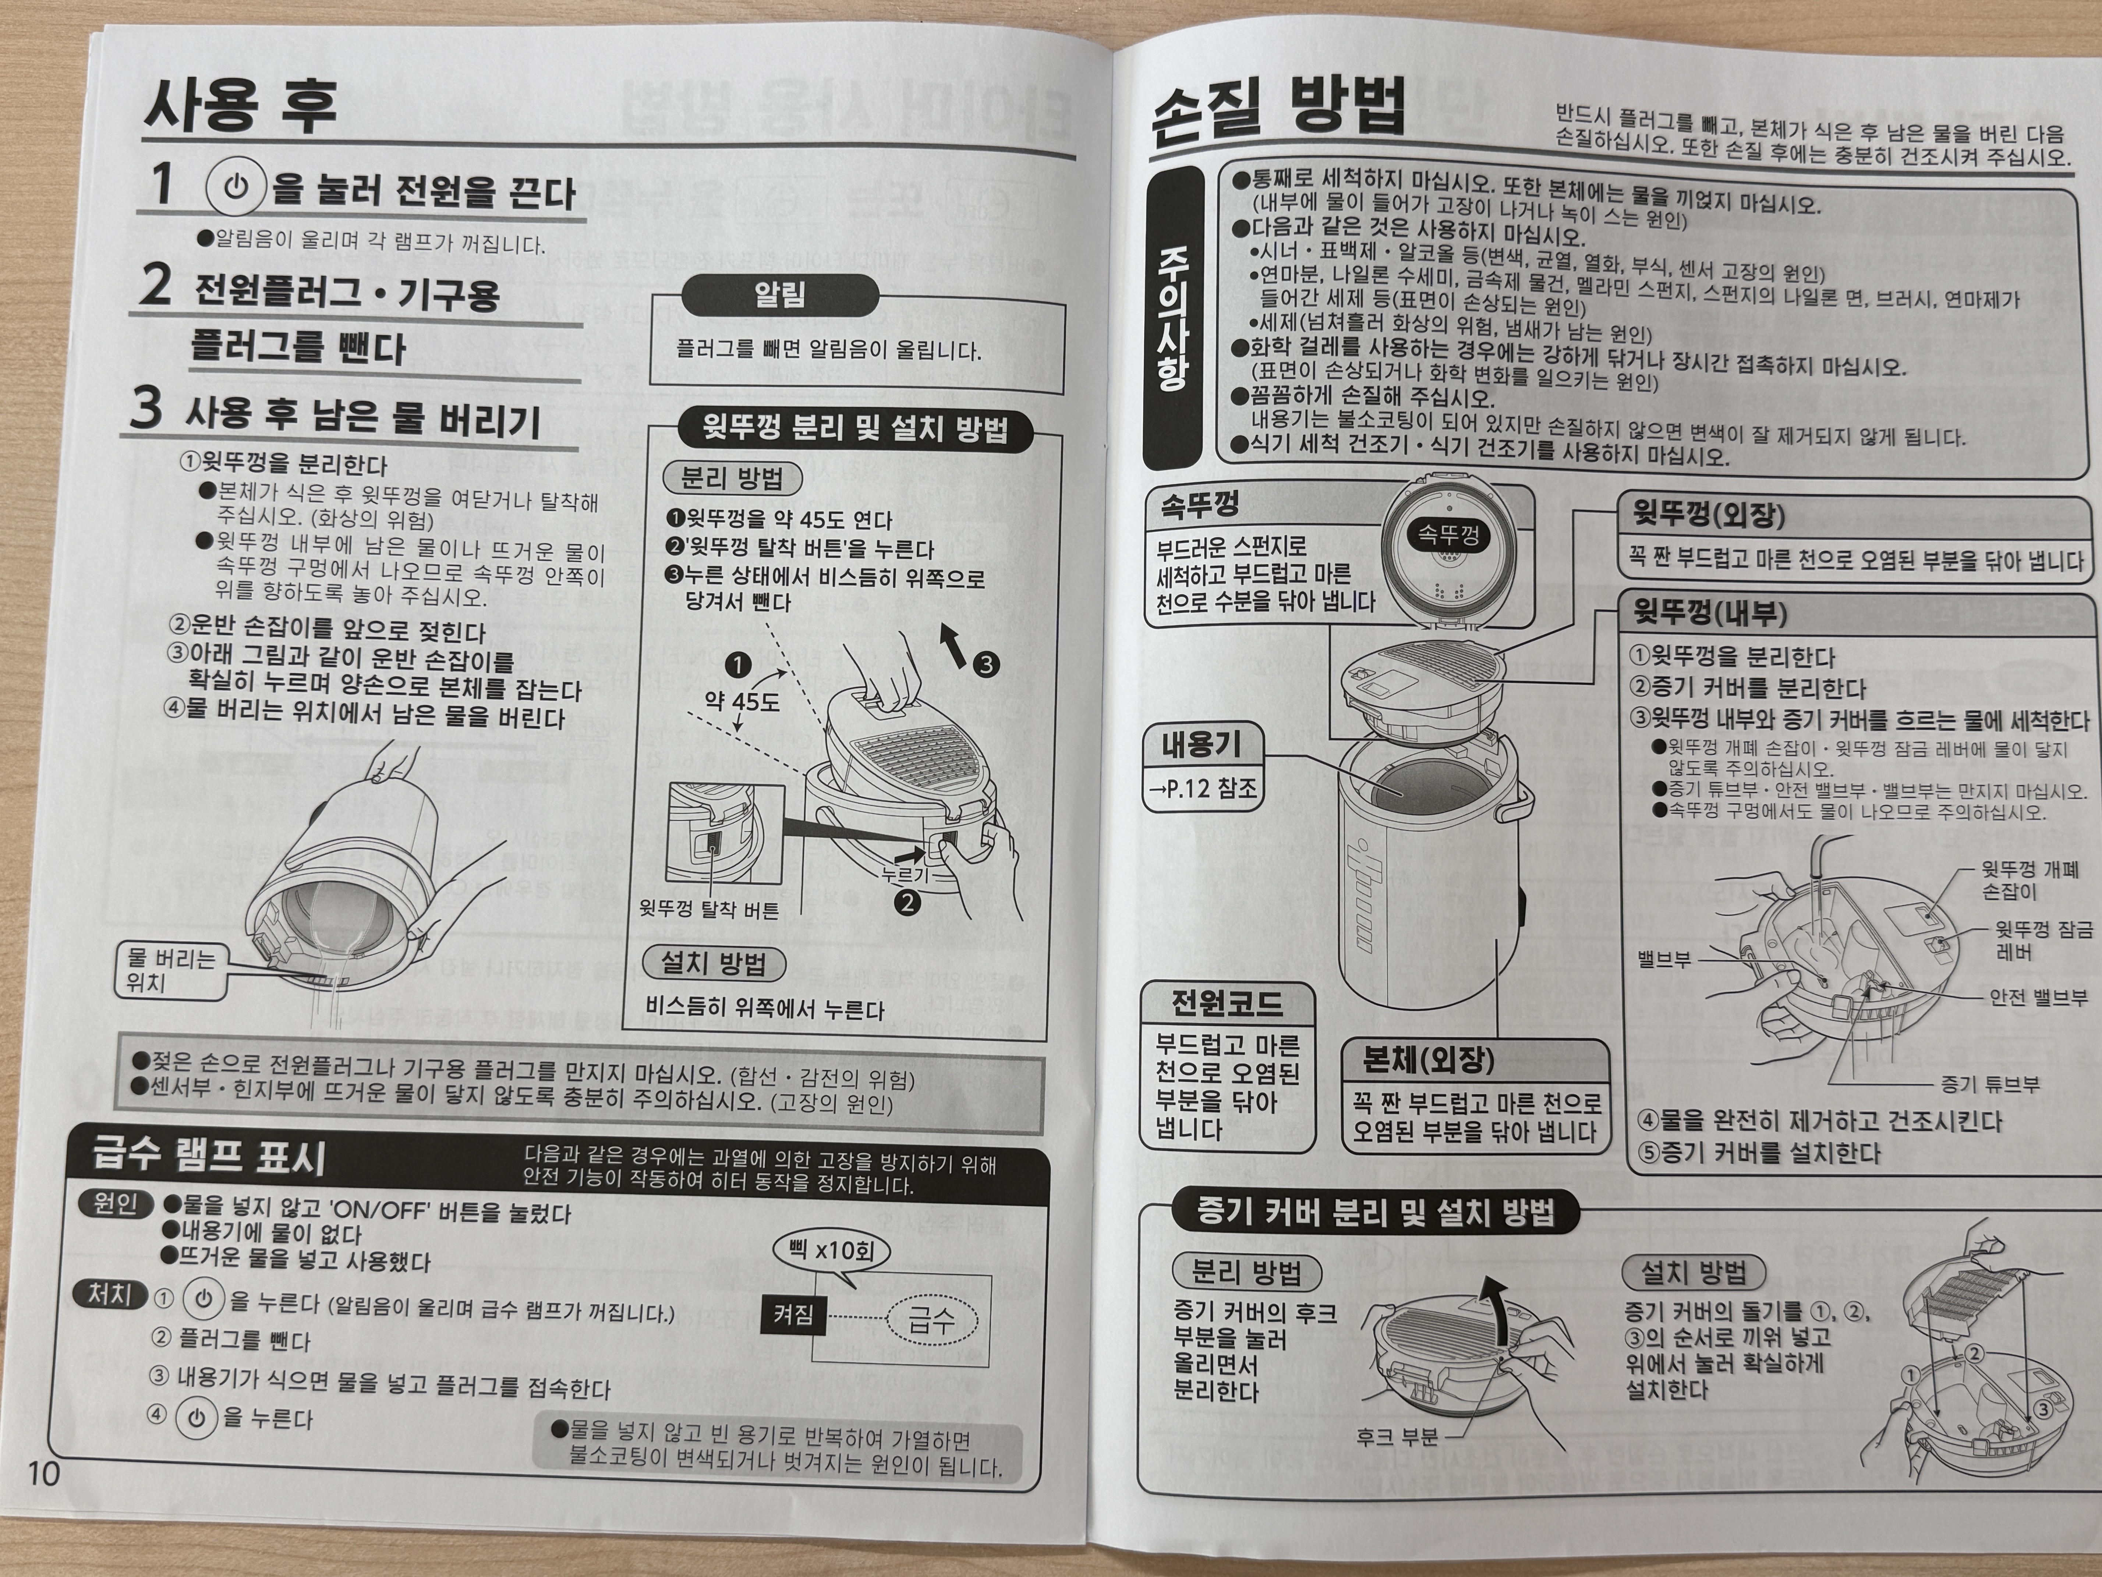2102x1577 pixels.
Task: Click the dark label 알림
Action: [779, 295]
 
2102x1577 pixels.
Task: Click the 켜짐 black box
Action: [793, 1315]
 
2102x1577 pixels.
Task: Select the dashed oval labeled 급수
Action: [931, 1319]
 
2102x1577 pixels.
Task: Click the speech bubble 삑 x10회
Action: [831, 1251]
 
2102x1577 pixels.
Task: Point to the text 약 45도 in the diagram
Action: [741, 702]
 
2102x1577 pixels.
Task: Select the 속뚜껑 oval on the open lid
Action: [1447, 534]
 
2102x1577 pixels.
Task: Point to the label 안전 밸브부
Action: [2038, 997]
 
